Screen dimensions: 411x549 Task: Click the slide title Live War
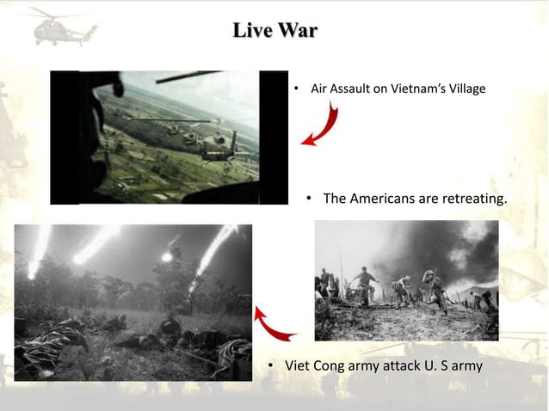[274, 32]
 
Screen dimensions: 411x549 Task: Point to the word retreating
[472, 199]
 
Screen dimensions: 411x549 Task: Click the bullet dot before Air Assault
[295, 89]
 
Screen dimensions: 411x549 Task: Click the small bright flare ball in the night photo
[166, 256]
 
